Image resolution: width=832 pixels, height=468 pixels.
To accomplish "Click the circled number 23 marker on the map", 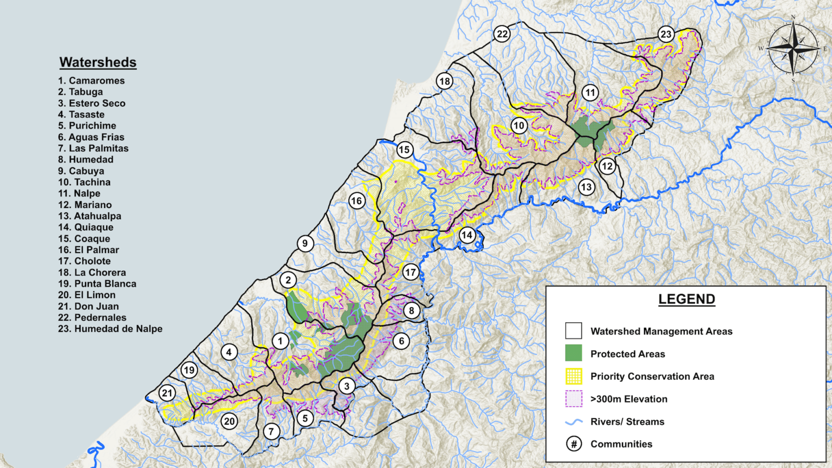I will click(x=666, y=34).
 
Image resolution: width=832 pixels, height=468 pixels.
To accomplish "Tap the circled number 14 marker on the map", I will click(x=467, y=235).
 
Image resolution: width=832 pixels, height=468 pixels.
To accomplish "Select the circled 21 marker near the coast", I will click(x=167, y=393).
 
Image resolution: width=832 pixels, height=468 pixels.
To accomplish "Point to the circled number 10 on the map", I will click(x=519, y=126).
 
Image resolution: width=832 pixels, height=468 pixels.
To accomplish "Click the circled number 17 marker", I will click(x=411, y=272).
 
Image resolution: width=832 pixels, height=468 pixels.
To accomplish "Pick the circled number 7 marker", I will click(x=271, y=431).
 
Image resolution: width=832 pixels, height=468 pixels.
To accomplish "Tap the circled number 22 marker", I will click(x=502, y=34).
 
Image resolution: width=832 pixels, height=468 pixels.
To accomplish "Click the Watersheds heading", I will click(x=97, y=62).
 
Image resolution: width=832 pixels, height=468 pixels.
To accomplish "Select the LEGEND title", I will click(x=686, y=299).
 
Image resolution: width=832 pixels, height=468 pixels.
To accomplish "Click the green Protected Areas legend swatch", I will click(x=574, y=353).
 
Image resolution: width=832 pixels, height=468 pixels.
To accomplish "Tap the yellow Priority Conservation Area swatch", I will click(x=574, y=376).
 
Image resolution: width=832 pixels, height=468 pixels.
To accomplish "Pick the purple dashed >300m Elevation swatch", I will click(x=574, y=399).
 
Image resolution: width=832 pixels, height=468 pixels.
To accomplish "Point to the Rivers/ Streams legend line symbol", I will click(x=574, y=421).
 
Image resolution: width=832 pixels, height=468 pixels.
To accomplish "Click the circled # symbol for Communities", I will click(x=574, y=444).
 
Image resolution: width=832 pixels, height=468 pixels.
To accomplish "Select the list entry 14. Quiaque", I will click(x=86, y=227).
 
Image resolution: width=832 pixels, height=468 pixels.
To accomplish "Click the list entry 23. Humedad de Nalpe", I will click(x=110, y=329).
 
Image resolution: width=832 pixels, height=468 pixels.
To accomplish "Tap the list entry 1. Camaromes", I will click(x=91, y=81).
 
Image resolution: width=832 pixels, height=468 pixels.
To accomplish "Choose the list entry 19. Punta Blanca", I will click(x=97, y=284).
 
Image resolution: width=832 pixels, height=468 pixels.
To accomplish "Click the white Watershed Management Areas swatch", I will click(x=574, y=331).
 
